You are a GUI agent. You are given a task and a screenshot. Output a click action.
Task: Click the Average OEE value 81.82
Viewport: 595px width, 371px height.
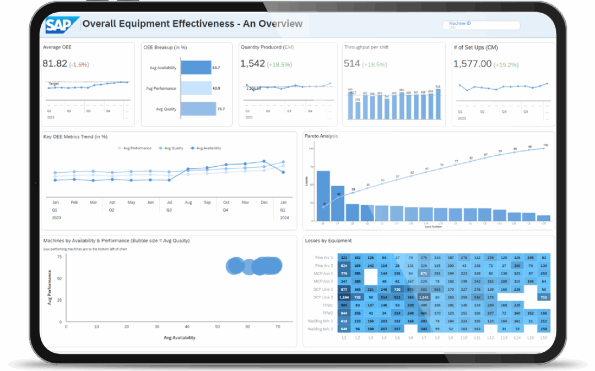click(55, 64)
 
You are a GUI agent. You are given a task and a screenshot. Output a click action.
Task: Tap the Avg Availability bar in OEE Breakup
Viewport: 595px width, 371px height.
click(196, 68)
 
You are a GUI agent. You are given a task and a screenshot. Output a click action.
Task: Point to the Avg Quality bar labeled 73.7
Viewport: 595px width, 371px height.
click(198, 109)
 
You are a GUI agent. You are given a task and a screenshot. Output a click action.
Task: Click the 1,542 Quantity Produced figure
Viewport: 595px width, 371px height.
click(252, 64)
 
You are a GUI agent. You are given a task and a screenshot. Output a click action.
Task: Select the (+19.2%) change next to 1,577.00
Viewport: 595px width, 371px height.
click(506, 64)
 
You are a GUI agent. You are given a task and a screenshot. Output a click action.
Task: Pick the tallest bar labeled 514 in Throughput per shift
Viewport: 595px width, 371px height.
click(438, 103)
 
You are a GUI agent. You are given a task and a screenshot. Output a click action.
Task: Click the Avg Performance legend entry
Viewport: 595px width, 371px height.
click(135, 148)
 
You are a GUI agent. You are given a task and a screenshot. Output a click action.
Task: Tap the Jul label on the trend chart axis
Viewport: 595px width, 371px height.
click(169, 203)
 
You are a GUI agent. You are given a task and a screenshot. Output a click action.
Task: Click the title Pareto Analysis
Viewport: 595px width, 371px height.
click(321, 136)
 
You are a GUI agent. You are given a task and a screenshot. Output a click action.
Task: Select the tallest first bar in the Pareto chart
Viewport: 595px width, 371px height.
click(323, 196)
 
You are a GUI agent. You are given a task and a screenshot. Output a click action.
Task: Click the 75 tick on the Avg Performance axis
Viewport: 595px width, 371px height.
click(59, 257)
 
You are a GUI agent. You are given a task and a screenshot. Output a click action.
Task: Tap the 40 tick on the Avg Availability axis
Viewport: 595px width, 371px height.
click(187, 326)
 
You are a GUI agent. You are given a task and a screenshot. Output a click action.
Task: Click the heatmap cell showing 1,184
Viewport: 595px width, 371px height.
click(344, 297)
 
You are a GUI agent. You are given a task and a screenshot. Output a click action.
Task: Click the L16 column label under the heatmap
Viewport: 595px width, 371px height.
click(544, 337)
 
